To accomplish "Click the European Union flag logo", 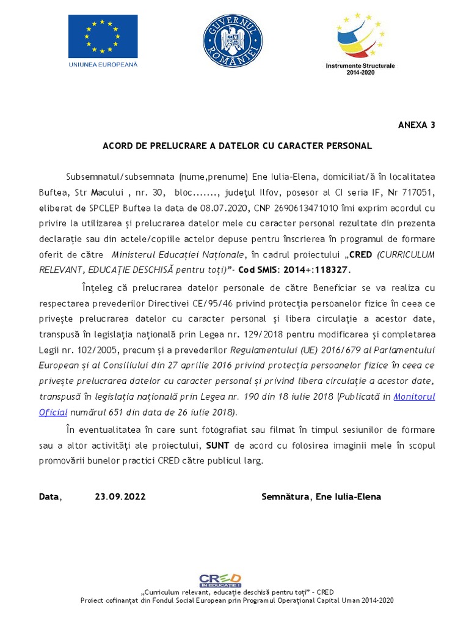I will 103,36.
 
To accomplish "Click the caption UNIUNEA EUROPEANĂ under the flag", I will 103,64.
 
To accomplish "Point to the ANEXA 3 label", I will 416,125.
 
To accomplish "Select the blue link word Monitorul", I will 414,396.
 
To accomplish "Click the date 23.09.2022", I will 120,496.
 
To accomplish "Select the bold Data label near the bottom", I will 49,496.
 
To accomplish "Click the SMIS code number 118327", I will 332,269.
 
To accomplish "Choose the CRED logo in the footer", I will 220,580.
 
